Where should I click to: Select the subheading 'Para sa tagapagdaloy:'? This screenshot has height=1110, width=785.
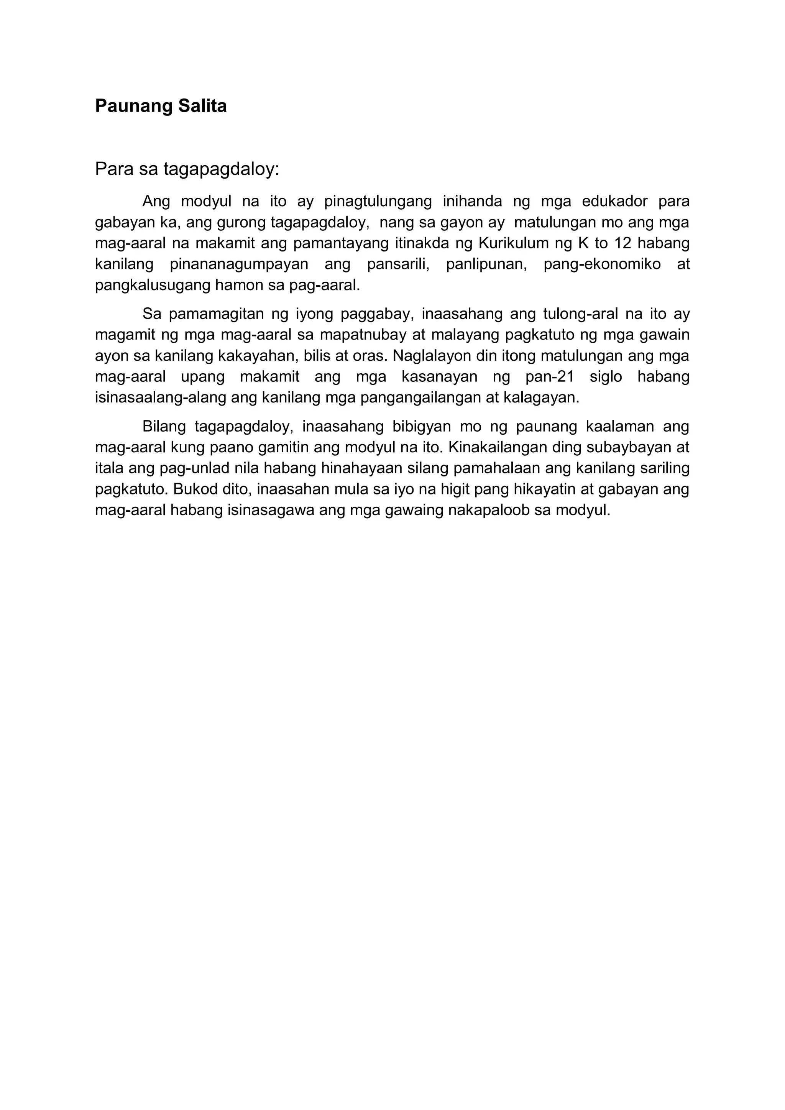click(x=187, y=169)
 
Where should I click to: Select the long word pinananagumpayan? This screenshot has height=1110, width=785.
click(x=239, y=264)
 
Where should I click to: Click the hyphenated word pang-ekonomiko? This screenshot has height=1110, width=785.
click(x=602, y=264)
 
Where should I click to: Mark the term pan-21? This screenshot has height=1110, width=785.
click(x=550, y=377)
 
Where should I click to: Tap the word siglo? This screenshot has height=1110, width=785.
click(x=606, y=377)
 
